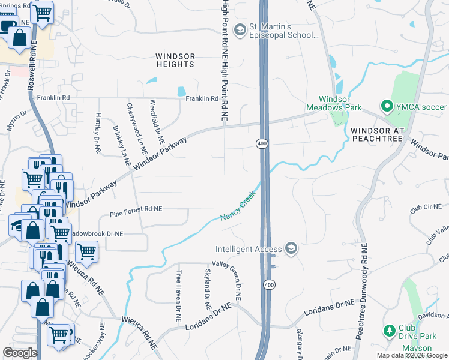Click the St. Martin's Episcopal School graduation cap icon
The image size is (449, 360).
[x=240, y=30]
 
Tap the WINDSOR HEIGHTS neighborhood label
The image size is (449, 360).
[x=175, y=60]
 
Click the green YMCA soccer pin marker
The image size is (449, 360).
[x=387, y=107]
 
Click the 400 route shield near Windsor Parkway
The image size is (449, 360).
[x=262, y=143]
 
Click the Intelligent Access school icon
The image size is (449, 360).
[x=291, y=248]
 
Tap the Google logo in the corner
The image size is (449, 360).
[x=20, y=352]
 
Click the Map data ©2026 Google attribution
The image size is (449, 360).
[x=411, y=355]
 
